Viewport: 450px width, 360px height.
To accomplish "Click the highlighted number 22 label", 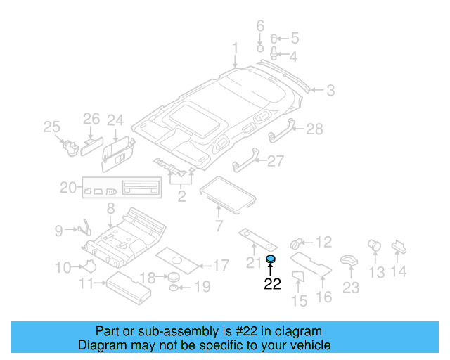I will tap(271, 284).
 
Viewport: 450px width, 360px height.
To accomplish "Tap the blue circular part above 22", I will tap(271, 260).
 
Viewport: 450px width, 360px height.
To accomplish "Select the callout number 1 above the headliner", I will tap(236, 49).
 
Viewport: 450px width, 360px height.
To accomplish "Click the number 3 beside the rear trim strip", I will tap(329, 90).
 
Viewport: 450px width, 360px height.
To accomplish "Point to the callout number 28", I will tap(314, 129).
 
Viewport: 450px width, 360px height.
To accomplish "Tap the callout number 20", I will tap(67, 187).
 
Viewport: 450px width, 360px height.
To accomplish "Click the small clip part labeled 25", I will tap(70, 145).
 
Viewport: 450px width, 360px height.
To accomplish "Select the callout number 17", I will tap(220, 266).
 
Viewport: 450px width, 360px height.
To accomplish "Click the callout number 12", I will tap(323, 243).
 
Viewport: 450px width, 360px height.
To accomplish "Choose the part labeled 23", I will tap(348, 260).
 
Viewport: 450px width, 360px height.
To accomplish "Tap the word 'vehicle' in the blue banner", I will tap(310, 345).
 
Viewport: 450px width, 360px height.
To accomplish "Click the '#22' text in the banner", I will tap(240, 331).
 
